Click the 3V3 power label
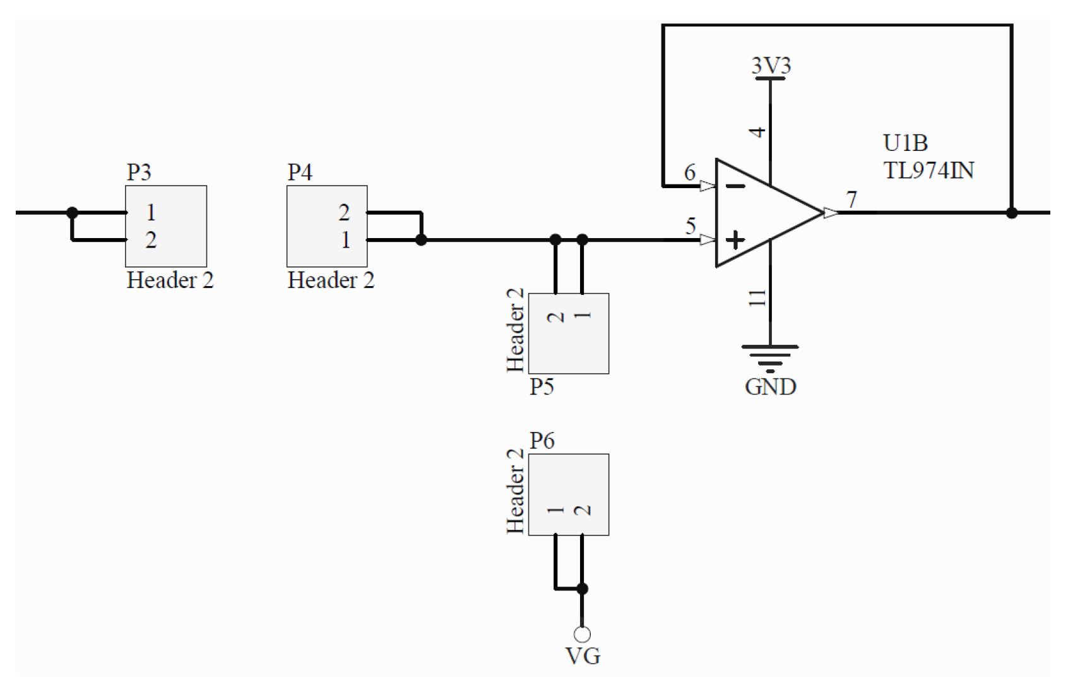point(771,66)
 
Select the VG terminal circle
point(582,633)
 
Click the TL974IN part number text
point(928,171)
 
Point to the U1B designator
point(905,143)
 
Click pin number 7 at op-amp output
point(852,200)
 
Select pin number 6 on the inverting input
point(690,172)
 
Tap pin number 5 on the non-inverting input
point(691,226)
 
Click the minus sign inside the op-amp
point(735,186)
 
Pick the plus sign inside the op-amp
point(735,240)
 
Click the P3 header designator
point(139,172)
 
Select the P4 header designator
point(300,172)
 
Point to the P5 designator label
point(542,386)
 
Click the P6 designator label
point(542,440)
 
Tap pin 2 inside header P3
point(151,240)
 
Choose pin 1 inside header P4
point(345,240)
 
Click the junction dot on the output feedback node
point(1011,213)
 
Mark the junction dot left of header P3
point(73,213)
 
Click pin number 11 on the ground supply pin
point(757,297)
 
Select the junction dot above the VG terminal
point(582,589)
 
